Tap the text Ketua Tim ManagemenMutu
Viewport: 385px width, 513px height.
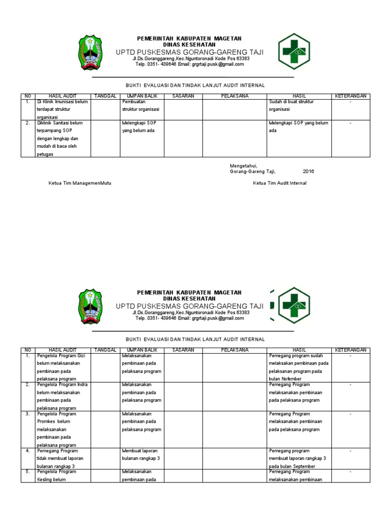click(80, 183)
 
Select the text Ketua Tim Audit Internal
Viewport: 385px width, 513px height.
click(280, 183)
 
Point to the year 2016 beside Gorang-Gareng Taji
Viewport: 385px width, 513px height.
click(308, 171)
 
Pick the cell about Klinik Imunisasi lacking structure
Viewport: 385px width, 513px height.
click(62, 109)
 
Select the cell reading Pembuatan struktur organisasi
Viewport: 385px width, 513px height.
click(140, 105)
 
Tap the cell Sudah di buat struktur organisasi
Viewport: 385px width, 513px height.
click(291, 105)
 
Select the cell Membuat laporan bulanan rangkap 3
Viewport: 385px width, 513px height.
click(140, 455)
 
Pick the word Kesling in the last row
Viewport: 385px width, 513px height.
click(46, 479)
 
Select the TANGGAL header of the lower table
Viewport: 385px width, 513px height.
click(105, 350)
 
